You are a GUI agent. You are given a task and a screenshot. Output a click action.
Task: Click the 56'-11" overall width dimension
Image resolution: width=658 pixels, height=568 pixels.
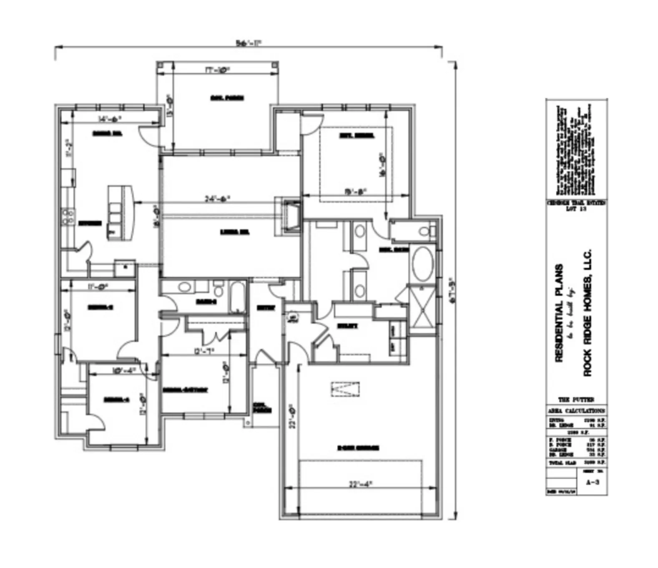(249, 43)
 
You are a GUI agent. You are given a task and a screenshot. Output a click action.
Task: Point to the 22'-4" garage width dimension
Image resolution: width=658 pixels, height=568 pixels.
(360, 484)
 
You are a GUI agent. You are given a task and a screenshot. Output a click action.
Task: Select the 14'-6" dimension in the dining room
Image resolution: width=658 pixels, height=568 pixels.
(109, 119)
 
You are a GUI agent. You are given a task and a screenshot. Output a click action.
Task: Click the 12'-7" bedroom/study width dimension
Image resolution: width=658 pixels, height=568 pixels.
(204, 351)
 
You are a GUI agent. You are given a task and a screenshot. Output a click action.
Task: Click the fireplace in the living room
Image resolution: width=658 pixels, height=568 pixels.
(291, 216)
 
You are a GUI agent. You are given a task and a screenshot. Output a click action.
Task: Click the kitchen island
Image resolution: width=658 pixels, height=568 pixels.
(121, 213)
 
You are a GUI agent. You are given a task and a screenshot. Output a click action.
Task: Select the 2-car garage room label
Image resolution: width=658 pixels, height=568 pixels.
(358, 448)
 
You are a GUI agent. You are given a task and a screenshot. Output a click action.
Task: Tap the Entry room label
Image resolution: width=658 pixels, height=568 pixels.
(266, 308)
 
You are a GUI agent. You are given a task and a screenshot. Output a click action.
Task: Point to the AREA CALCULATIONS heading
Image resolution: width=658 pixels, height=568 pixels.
(576, 410)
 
